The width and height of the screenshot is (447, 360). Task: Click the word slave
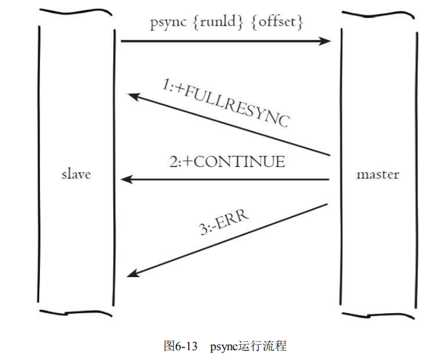coord(76,175)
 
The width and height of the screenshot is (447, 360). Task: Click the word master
coord(377,175)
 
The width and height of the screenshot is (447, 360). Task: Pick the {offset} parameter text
coord(276,24)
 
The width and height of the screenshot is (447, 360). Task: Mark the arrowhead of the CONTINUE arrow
coord(126,179)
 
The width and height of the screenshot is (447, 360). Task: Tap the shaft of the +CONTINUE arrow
coord(229,179)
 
